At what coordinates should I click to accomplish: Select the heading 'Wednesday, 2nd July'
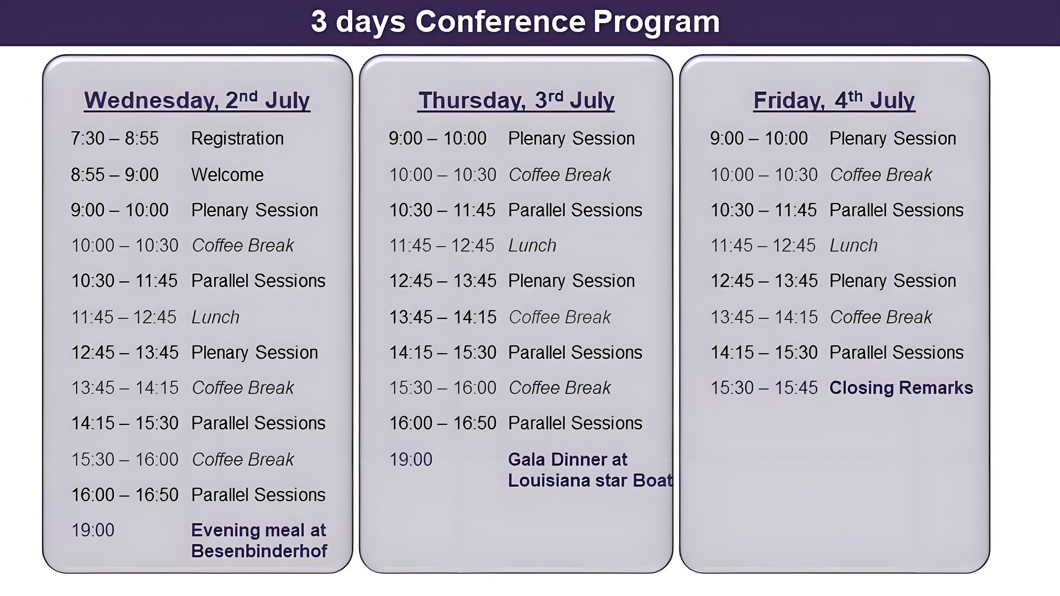tap(197, 100)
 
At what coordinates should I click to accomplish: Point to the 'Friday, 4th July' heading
tap(834, 100)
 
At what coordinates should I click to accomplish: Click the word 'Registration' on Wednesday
tap(237, 139)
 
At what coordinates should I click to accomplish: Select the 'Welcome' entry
tap(227, 175)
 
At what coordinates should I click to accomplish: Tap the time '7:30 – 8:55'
tap(115, 139)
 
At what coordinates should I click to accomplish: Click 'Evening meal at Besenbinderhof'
tap(259, 541)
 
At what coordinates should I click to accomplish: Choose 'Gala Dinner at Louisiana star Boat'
tap(590, 470)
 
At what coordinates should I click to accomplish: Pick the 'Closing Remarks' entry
tap(901, 388)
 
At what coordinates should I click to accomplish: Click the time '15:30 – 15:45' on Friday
tap(764, 388)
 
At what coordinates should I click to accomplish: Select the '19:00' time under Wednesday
tap(93, 530)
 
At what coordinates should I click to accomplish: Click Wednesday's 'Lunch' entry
tap(216, 317)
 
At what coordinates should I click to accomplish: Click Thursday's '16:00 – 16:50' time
tap(443, 423)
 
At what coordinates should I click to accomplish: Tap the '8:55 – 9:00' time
tap(115, 175)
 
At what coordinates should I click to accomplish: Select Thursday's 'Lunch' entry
tap(532, 246)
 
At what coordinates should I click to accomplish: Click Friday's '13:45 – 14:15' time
tap(764, 317)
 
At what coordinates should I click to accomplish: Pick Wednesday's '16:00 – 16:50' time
tap(125, 495)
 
